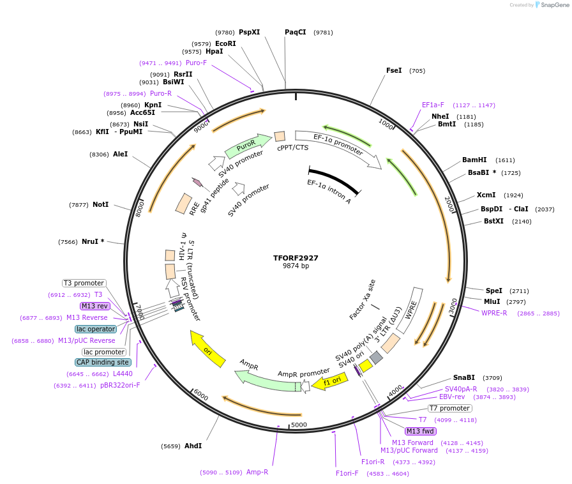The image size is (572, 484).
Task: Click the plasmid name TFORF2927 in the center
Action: [296, 258]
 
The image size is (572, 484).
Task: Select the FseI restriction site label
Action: [394, 70]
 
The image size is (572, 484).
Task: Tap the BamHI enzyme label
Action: [474, 160]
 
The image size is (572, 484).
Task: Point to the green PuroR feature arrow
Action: [244, 148]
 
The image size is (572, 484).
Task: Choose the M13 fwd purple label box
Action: [421, 431]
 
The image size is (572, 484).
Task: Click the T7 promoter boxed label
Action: [449, 408]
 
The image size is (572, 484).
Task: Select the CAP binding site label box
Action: [103, 362]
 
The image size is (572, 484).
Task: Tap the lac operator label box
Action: [96, 329]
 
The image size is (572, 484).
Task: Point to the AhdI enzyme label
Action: [193, 446]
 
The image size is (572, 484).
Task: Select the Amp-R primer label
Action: [257, 472]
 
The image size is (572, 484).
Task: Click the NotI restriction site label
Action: [100, 204]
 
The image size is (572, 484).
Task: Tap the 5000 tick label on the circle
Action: [299, 424]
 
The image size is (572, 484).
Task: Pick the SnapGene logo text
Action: [553, 5]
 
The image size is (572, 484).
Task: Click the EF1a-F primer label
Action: [433, 105]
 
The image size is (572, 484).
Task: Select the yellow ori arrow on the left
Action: [208, 349]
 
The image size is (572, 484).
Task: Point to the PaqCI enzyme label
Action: [296, 32]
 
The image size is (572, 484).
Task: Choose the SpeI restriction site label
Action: [494, 291]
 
